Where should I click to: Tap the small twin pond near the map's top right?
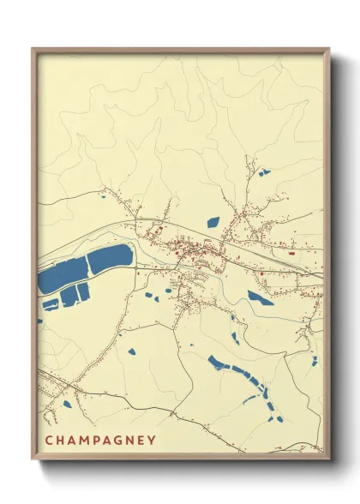[264, 172]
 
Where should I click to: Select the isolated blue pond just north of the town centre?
[213, 222]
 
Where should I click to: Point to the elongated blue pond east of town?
[261, 298]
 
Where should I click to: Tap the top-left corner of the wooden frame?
[33, 49]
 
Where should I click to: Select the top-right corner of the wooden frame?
[328, 49]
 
